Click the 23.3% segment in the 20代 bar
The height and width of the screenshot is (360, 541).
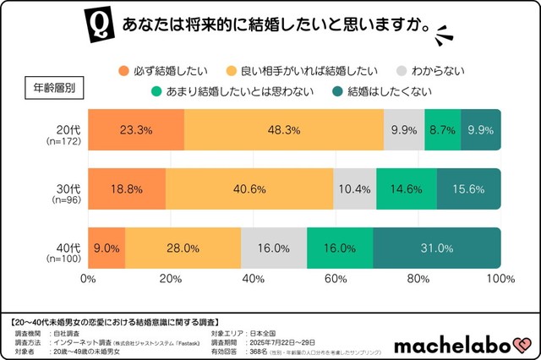pyautogui.click(x=135, y=130)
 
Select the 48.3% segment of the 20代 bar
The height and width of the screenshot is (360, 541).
pyautogui.click(x=283, y=130)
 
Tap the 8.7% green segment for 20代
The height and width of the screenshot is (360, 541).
pyautogui.click(x=442, y=130)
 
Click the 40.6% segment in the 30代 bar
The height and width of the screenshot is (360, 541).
pyautogui.click(x=249, y=189)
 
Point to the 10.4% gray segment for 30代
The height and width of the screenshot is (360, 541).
pyautogui.click(x=355, y=189)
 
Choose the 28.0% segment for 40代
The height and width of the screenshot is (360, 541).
pyautogui.click(x=183, y=248)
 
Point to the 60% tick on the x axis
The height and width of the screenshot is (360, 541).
pyautogui.click(x=336, y=278)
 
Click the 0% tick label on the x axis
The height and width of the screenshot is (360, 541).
pyautogui.click(x=88, y=278)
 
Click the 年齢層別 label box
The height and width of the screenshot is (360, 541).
pyautogui.click(x=56, y=88)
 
